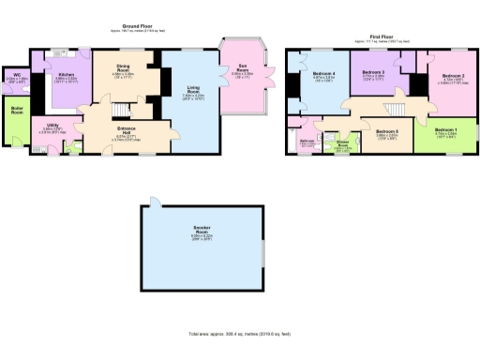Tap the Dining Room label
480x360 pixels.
point(124,67)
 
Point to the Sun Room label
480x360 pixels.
point(243,67)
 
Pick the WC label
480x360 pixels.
point(16,75)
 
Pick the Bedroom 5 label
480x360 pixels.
point(387,131)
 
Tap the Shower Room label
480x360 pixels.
point(344,145)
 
